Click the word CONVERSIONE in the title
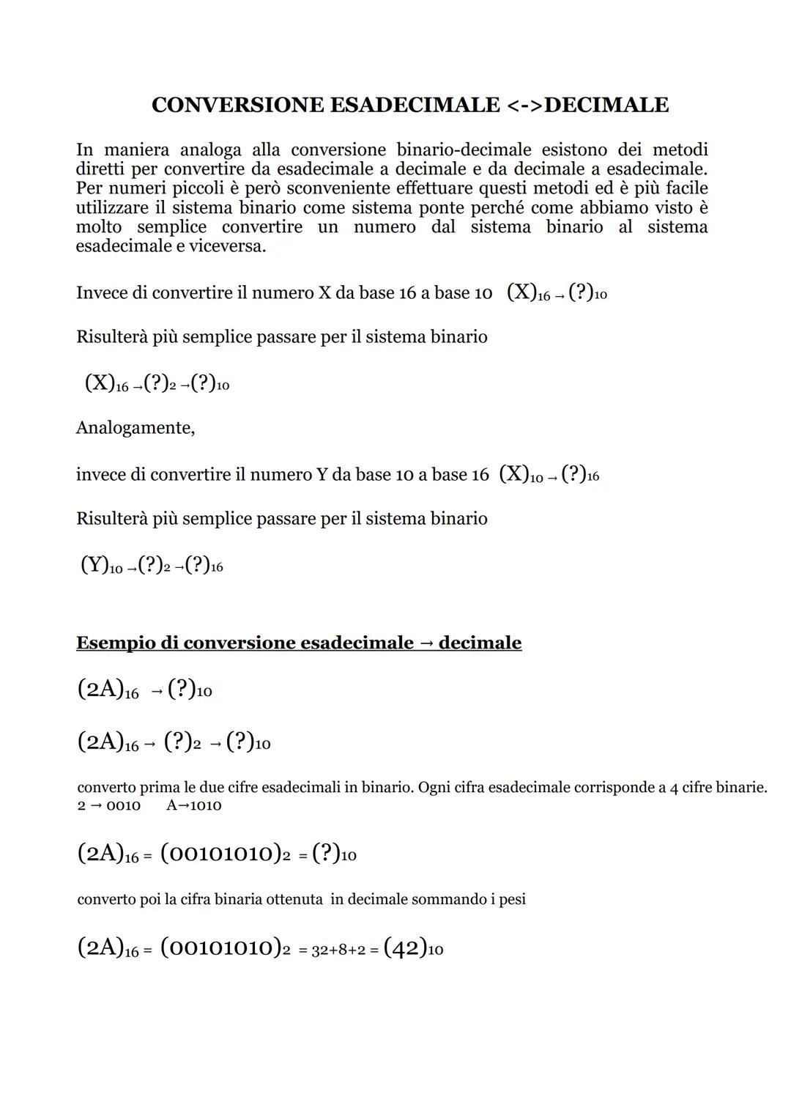point(237,105)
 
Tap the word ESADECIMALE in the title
point(415,105)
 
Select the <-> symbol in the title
point(524,105)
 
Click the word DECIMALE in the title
point(606,105)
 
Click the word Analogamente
point(135,427)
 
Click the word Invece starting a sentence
point(102,292)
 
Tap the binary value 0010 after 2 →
point(123,805)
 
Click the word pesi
point(510,899)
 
